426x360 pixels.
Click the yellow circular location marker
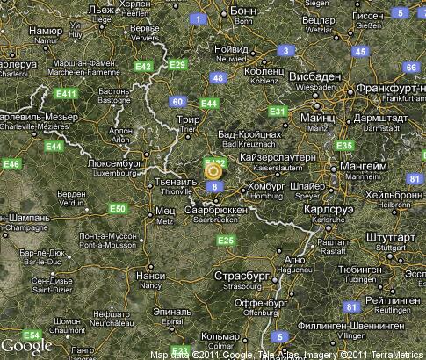coord(213,171)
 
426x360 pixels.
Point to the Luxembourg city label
coord(116,167)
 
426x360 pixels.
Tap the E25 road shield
coord(225,241)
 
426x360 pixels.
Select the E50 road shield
coord(117,208)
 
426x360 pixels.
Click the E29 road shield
coord(177,64)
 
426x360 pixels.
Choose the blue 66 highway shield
coord(409,68)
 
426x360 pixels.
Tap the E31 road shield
coord(278,112)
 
